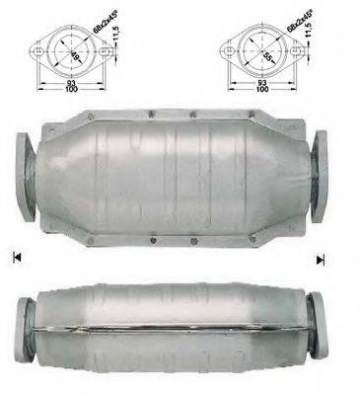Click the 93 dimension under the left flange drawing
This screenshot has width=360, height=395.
click(65, 80)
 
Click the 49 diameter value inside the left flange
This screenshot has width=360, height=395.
click(63, 46)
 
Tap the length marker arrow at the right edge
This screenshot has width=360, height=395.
click(320, 259)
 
